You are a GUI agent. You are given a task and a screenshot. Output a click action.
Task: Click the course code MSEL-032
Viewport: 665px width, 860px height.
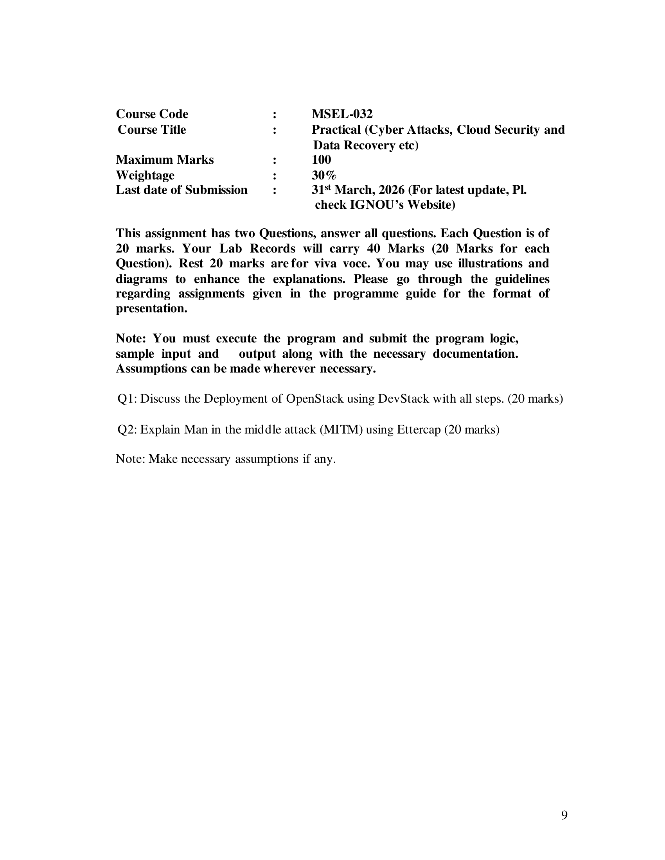[x=341, y=114]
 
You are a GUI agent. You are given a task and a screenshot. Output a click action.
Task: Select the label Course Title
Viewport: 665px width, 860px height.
[x=152, y=129]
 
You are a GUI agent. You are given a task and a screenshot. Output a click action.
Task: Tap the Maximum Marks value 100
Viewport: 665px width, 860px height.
[x=321, y=159]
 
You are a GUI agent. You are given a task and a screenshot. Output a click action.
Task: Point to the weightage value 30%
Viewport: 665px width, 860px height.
[x=324, y=175]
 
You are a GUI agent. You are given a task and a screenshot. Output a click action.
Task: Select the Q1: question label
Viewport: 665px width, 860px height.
[x=127, y=399]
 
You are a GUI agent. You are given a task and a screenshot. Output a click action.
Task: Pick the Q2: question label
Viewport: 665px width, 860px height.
[x=127, y=429]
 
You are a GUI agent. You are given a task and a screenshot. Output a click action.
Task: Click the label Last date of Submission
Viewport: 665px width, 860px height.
[x=182, y=190]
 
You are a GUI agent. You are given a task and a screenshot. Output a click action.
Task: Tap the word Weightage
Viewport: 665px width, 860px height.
[x=145, y=175]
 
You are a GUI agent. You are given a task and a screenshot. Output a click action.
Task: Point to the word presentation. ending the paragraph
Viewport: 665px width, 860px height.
[x=151, y=308]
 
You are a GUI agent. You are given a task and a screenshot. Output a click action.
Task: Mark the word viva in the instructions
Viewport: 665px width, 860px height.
[x=325, y=263]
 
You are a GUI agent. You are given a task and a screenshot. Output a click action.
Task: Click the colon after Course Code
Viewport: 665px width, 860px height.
[x=274, y=115]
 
